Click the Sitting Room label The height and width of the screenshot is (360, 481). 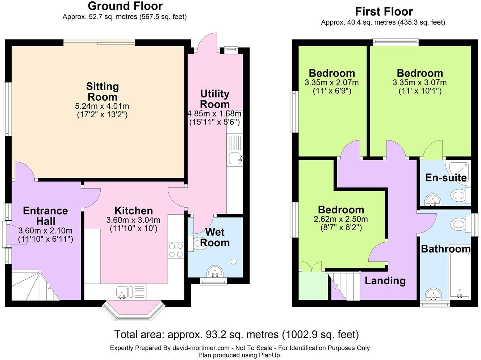[103, 92]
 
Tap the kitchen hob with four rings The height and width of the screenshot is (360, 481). [176, 250]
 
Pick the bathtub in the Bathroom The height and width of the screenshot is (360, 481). [460, 275]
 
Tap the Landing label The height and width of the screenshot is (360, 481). [385, 281]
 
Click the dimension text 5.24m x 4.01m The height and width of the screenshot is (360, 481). [102, 106]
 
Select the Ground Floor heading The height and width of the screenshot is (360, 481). [125, 6]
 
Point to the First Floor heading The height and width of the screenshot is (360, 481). [384, 12]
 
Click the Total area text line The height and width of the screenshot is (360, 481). [236, 334]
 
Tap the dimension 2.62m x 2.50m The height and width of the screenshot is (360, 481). [341, 219]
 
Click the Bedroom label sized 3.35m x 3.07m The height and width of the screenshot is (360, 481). [420, 73]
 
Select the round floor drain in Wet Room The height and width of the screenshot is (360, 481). [234, 261]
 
